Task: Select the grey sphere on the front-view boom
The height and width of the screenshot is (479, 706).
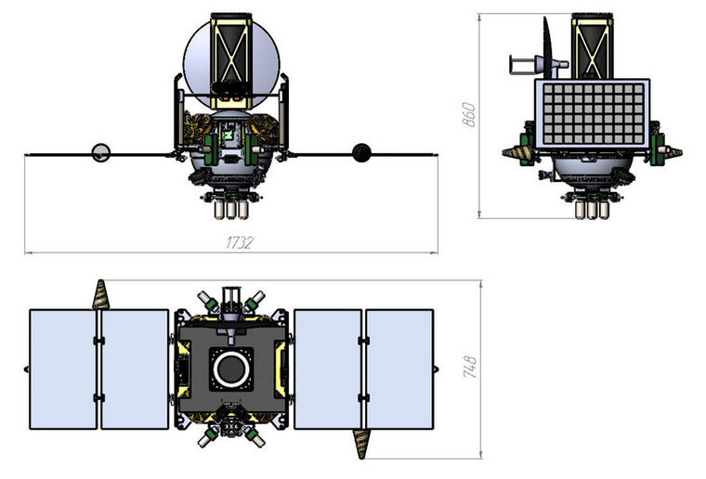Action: click(x=100, y=152)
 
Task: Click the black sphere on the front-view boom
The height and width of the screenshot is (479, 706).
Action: click(x=360, y=152)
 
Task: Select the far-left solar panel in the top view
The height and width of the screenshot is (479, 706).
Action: click(x=63, y=369)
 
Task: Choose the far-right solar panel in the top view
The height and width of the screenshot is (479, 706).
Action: click(x=399, y=369)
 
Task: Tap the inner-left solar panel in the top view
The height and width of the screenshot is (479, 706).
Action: click(x=135, y=369)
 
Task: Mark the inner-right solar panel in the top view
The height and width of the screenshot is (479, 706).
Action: click(x=327, y=369)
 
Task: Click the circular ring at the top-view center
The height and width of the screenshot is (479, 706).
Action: click(x=229, y=369)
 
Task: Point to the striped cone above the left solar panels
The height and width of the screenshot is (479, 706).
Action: click(x=99, y=294)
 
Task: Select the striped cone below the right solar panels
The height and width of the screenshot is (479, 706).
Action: click(x=360, y=443)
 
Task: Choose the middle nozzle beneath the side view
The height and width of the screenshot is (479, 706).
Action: click(x=592, y=211)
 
